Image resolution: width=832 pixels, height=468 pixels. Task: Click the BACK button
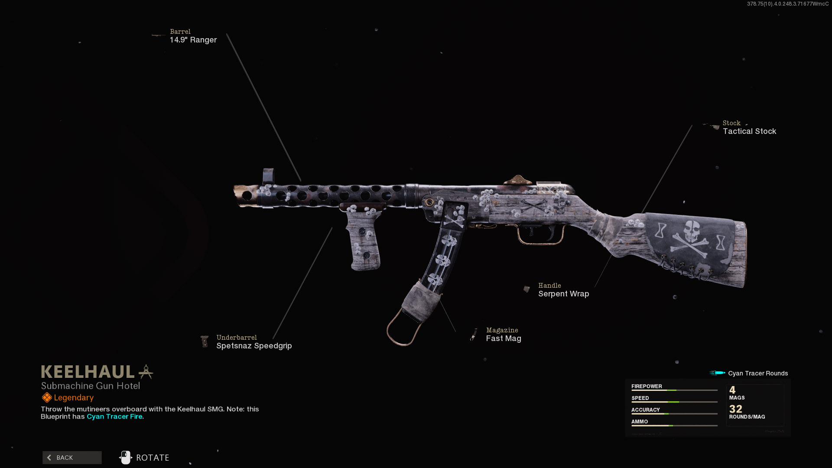coord(72,458)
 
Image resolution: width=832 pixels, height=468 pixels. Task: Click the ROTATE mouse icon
coord(126,458)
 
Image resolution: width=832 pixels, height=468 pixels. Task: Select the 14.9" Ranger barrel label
coord(193,40)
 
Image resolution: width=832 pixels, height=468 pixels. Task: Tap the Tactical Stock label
coord(749,131)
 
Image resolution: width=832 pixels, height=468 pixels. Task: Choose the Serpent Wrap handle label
coord(563,294)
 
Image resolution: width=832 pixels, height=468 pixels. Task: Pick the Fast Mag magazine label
coord(504,338)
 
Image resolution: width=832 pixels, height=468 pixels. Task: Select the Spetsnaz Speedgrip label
coord(254,346)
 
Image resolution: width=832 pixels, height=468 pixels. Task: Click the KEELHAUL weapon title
coord(88,372)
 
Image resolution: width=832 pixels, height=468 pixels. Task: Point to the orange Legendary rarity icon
coord(47,397)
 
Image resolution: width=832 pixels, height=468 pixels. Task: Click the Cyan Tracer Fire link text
coord(114,416)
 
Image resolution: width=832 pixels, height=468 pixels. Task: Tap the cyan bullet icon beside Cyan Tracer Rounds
coord(718,373)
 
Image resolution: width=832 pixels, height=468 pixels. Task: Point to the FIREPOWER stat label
coord(647,386)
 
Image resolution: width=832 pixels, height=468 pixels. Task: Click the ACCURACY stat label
coord(645,409)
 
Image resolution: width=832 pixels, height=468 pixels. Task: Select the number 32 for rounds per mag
coord(735,409)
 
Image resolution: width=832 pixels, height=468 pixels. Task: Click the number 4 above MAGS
coord(732,390)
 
